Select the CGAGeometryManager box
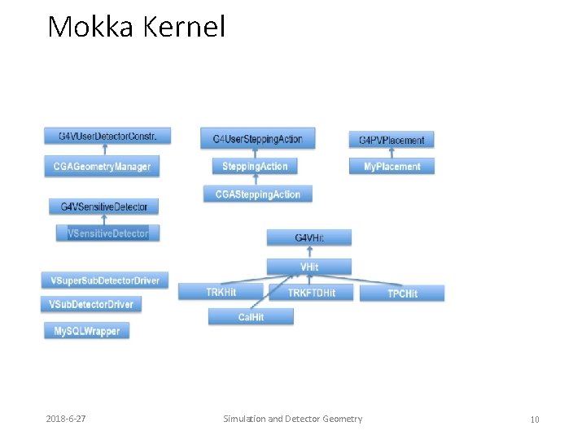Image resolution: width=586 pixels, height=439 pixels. coord(103,167)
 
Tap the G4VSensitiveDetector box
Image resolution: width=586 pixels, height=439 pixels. coord(103,207)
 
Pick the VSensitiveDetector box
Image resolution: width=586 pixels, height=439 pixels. coord(108,233)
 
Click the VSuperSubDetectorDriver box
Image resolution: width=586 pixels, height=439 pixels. coord(105,280)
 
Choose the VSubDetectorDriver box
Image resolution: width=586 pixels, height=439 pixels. coord(90,304)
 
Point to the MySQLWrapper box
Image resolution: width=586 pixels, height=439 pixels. coord(86,331)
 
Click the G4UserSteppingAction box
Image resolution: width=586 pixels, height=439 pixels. coord(257,139)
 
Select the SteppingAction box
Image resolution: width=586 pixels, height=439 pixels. coord(255,166)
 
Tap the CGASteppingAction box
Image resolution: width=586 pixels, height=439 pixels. coord(257,194)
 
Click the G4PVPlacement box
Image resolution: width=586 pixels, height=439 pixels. coord(391,140)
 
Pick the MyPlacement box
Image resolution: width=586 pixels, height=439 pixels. coord(391,167)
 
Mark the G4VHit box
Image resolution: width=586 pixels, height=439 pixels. coord(309,237)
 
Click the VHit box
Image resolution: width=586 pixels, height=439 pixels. coord(309,267)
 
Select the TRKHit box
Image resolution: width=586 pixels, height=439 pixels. coord(222,292)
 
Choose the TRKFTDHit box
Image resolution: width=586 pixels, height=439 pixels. coord(312,293)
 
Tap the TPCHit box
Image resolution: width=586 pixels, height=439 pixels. coord(402,293)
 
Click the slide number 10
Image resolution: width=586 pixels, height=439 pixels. coord(535,419)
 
